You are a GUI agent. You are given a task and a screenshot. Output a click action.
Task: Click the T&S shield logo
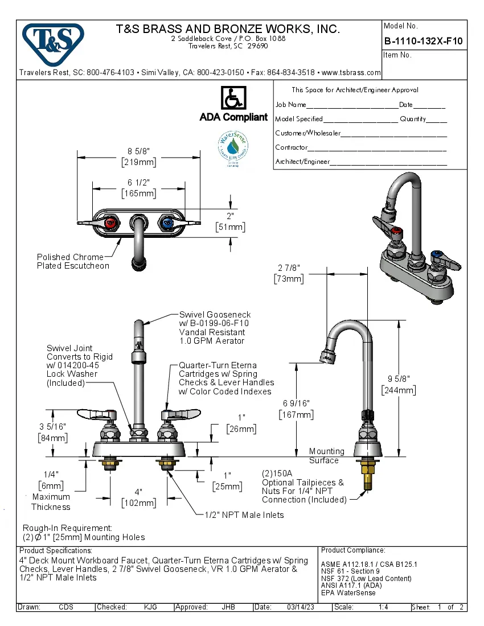pyautogui.click(x=53, y=42)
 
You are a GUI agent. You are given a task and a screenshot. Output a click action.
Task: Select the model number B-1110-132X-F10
pyautogui.click(x=423, y=41)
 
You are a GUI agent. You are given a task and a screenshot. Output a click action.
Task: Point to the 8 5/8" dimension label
pyautogui.click(x=139, y=156)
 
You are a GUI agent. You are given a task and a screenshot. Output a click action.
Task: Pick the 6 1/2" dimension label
pyautogui.click(x=139, y=187)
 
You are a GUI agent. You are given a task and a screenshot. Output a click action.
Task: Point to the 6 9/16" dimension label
pyautogui.click(x=296, y=409)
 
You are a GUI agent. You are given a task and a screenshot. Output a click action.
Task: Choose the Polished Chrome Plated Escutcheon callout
pyautogui.click(x=72, y=261)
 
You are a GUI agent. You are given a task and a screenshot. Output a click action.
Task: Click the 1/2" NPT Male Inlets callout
pyautogui.click(x=244, y=515)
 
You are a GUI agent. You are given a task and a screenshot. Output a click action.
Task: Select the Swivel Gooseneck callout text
pyautogui.click(x=215, y=327)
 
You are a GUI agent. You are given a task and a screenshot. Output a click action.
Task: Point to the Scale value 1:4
pyautogui.click(x=383, y=607)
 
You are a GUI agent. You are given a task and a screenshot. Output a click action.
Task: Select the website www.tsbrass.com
pyautogui.click(x=351, y=73)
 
